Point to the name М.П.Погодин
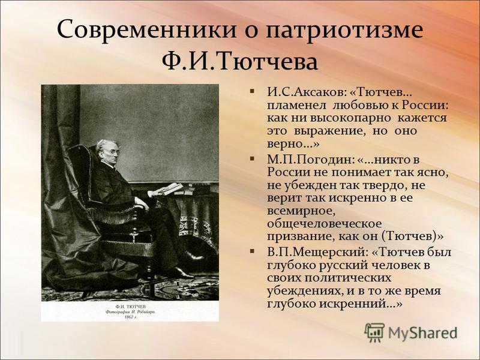pos(310,160)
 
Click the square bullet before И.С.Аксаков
pos(252,91)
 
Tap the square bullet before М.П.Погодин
pos(252,158)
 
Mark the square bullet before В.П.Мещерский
pos(252,251)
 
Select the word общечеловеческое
pos(324,224)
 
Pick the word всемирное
pos(299,211)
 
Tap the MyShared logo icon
pos(374,332)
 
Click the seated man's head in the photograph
pos(107,151)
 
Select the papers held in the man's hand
pos(166,189)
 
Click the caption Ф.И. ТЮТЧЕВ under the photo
pos(131,307)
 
